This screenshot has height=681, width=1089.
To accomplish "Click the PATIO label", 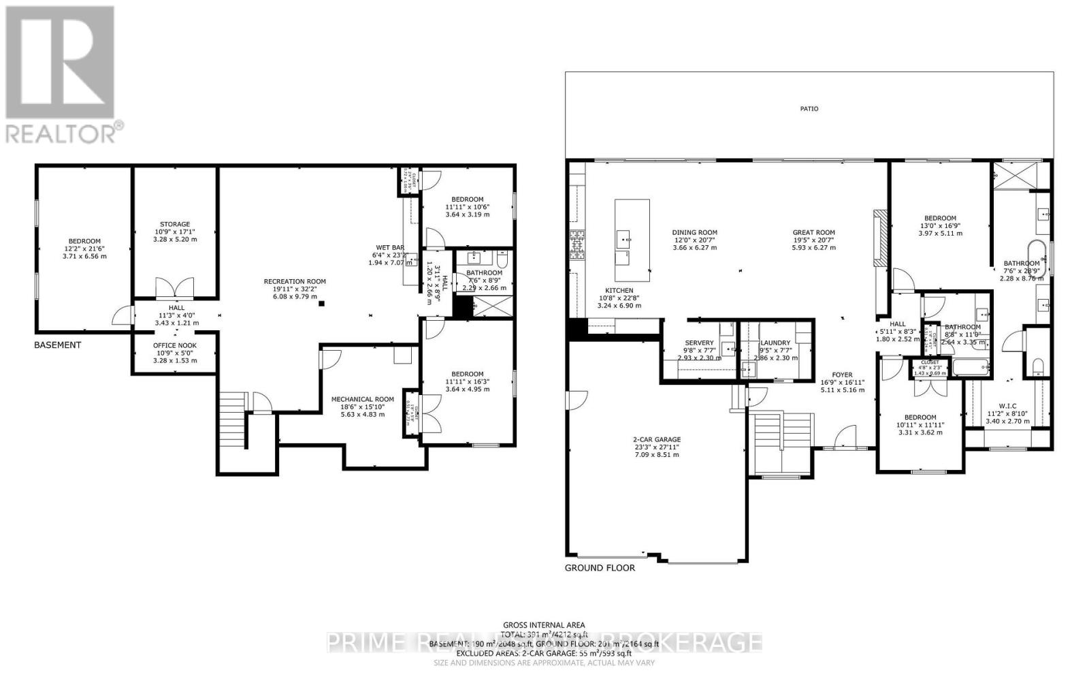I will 809,109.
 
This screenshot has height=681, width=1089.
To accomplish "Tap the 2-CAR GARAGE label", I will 657,440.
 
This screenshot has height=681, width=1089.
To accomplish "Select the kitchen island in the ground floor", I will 632,240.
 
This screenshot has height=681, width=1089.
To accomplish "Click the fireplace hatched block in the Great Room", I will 879,237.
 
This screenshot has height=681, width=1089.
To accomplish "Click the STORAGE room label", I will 175,224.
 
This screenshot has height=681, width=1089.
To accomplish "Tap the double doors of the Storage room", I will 175,288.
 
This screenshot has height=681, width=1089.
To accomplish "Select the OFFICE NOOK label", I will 175,345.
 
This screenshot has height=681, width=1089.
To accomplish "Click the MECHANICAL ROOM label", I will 362,400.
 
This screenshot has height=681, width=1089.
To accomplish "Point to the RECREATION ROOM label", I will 295,281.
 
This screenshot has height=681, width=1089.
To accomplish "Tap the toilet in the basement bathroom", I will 502,259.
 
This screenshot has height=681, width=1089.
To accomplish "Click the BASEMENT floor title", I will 58,345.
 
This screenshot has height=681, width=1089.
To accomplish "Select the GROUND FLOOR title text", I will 600,568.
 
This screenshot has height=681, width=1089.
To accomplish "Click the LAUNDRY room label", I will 775,343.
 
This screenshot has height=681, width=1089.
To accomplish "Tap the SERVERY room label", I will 699,343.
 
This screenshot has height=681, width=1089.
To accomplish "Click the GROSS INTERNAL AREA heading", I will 544,625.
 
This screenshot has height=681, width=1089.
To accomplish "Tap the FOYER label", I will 842,375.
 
